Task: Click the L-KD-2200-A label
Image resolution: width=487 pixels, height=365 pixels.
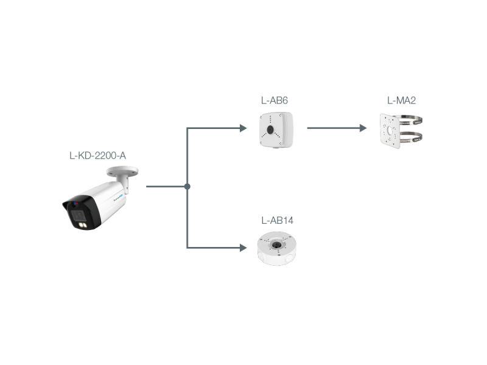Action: point(97,156)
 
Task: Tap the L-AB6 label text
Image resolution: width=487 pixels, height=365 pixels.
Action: point(274,100)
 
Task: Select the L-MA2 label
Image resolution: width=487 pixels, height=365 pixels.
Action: point(401,100)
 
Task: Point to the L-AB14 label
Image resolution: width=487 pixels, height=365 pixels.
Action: point(277,220)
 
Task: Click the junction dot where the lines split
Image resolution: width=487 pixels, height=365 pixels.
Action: point(187,186)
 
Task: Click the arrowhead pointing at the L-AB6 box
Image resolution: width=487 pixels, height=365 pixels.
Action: point(243,128)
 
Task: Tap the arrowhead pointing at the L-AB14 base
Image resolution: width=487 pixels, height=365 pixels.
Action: point(243,248)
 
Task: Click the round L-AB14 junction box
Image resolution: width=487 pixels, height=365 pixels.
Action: point(278,249)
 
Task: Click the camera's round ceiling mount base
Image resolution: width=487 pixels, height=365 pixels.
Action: point(122,172)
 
